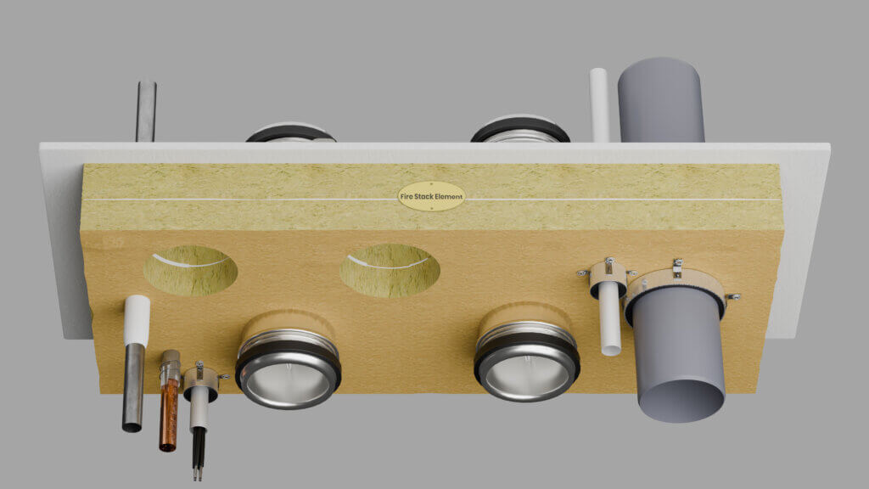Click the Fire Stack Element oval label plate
tap(431, 196)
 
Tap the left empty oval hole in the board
tap(191, 270)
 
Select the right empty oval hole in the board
tap(390, 271)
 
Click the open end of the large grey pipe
tap(681, 401)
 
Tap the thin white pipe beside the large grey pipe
tap(609, 318)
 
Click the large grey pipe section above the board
tap(661, 100)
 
